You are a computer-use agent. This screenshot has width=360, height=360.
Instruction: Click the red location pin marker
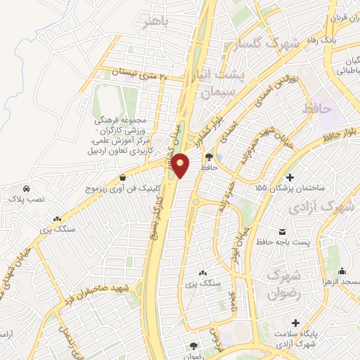[181, 167]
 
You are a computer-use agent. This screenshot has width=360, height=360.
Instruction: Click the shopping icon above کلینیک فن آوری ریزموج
[124, 178]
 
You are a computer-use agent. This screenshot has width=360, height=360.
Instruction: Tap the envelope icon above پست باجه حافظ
[282, 231]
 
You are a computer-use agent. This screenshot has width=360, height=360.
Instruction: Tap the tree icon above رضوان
[193, 345]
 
